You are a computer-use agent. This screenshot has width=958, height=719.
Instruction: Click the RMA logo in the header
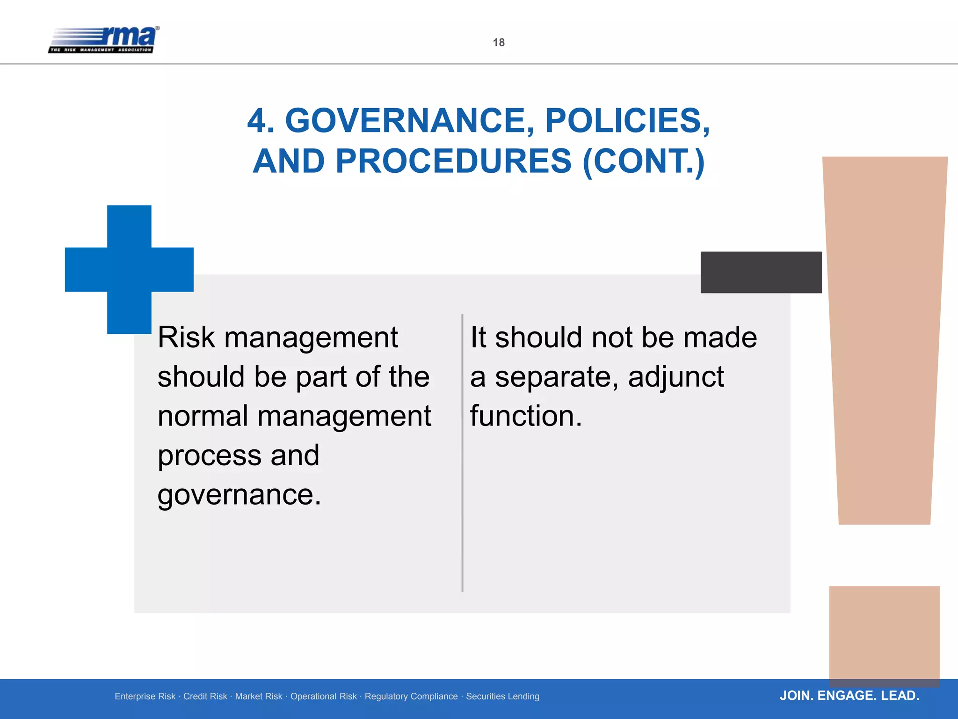pyautogui.click(x=104, y=39)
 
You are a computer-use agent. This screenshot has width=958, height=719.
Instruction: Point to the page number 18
pyautogui.click(x=499, y=43)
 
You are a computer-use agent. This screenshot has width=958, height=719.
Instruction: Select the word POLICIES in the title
pyautogui.click(x=627, y=121)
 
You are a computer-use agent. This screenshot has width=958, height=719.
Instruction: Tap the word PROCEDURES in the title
pyautogui.click(x=453, y=161)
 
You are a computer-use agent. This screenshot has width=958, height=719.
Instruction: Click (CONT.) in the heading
pyautogui.click(x=644, y=161)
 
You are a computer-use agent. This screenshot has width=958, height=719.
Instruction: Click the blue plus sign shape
pyautogui.click(x=129, y=269)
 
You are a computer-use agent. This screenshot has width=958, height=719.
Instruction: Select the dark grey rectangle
pyautogui.click(x=761, y=272)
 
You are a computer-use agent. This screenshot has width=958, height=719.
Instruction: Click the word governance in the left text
pyautogui.click(x=239, y=495)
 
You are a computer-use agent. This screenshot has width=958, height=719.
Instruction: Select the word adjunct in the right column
pyautogui.click(x=675, y=377)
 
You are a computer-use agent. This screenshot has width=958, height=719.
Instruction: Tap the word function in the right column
pyautogui.click(x=526, y=416)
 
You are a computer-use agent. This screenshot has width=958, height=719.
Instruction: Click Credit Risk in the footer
pyautogui.click(x=205, y=697)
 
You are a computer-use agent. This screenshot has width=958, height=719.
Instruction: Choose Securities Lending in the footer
pyautogui.click(x=502, y=697)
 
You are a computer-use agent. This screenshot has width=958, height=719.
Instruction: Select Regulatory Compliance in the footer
pyautogui.click(x=411, y=697)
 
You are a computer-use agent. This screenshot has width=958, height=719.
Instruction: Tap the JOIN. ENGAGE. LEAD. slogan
pyautogui.click(x=849, y=696)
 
